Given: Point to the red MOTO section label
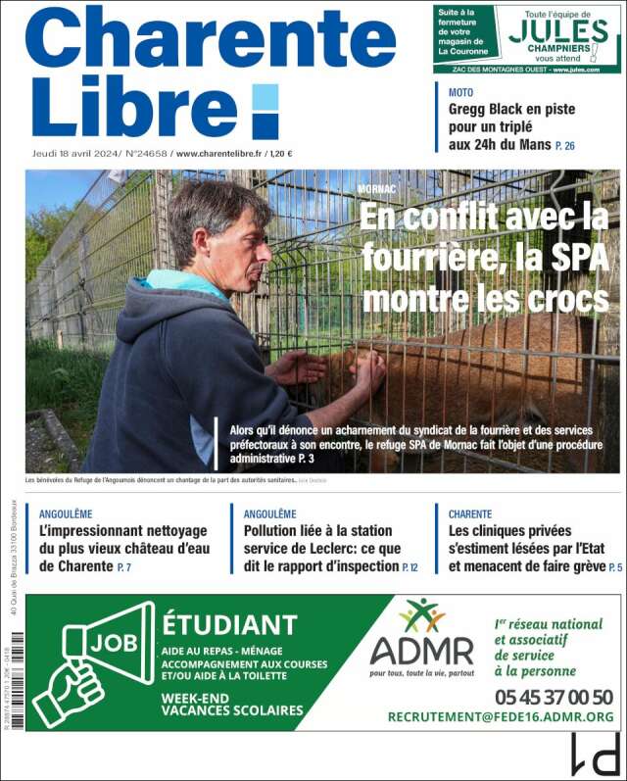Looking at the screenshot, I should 460,92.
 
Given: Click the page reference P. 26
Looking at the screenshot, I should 565,146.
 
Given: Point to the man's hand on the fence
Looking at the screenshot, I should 369,372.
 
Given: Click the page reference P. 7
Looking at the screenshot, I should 123,567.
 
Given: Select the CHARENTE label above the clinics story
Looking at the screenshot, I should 470,513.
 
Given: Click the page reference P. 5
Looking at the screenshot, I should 615,567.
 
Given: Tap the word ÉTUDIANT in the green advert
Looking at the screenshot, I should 229,624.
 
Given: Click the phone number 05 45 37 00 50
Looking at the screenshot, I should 554,697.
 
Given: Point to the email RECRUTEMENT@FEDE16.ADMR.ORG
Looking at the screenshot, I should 501,717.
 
